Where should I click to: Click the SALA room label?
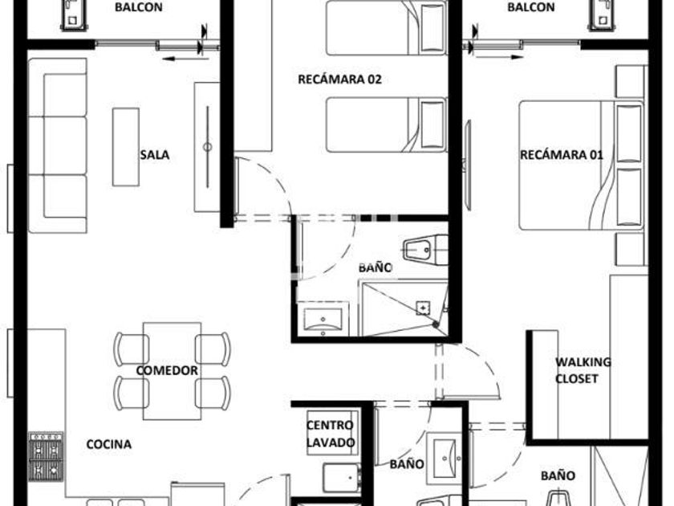[x=155, y=155]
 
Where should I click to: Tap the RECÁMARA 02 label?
[x=339, y=80]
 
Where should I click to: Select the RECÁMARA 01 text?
[x=562, y=155]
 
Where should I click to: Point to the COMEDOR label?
[x=167, y=370]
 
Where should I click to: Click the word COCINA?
[x=109, y=444]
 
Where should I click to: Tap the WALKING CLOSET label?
[x=583, y=370]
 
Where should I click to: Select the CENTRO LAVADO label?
[x=331, y=434]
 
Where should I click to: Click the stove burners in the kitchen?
[x=46, y=456]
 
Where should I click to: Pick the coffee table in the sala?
[x=125, y=147]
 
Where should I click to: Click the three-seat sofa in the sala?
[x=58, y=145]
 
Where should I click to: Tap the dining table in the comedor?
[x=172, y=371]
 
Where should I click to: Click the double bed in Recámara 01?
[x=581, y=165]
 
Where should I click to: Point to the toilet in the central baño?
[x=425, y=249]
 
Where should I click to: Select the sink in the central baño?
[x=323, y=319]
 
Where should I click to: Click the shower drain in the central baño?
[x=423, y=308]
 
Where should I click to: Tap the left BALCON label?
[x=138, y=7]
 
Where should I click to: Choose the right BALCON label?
[x=531, y=7]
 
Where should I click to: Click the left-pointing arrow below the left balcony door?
[x=185, y=59]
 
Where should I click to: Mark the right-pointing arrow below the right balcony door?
[x=498, y=57]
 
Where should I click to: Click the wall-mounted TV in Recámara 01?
[x=468, y=165]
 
